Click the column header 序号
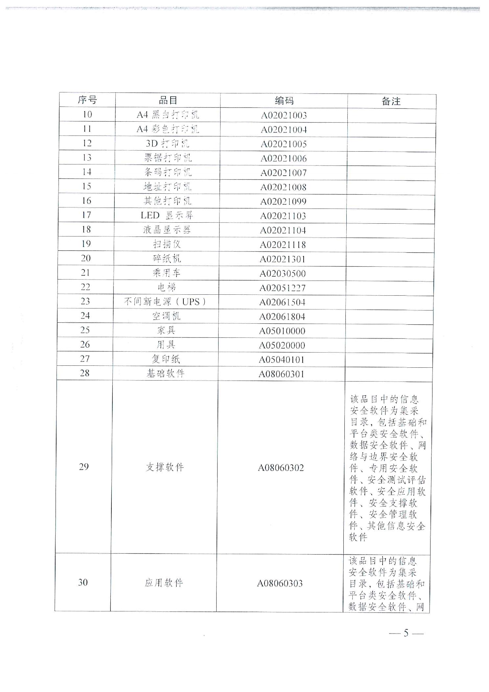point(87,100)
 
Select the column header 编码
point(284,101)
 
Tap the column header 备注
point(391,101)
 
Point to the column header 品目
point(168,100)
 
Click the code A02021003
point(284,115)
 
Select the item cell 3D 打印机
point(168,144)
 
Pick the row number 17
point(86,215)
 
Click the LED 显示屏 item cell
point(167,215)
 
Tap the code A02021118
point(283,245)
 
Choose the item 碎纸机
point(167,259)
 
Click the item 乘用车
point(167,273)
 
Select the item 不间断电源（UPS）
point(165,302)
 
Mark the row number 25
point(85,330)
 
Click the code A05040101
point(282,360)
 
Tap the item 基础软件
point(165,374)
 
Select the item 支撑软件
point(165,467)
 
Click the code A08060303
point(280,583)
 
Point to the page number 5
point(406,633)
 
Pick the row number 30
point(83,582)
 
